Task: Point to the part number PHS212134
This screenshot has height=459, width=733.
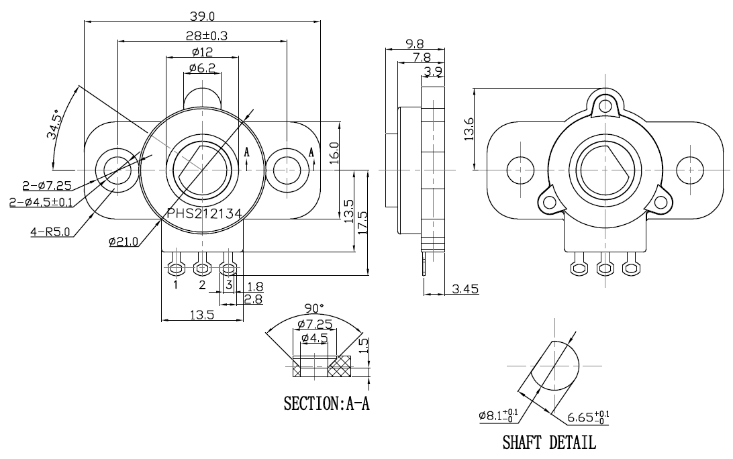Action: (204, 213)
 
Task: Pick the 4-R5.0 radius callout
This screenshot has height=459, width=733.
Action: (51, 232)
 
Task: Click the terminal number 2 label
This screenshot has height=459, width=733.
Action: (202, 285)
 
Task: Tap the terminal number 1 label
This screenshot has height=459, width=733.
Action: (175, 285)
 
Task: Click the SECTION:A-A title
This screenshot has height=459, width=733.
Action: (327, 404)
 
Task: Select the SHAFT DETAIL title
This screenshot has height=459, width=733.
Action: (548, 443)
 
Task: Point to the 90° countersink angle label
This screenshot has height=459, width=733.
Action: (313, 308)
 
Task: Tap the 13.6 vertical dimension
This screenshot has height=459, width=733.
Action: (469, 129)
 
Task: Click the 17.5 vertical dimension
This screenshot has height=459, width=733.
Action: (363, 222)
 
